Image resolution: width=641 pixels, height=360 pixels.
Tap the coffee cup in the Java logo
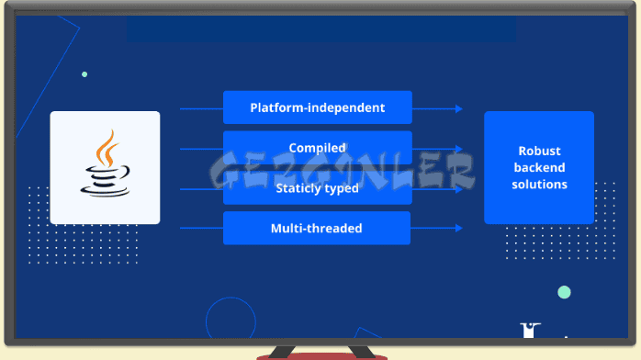102,180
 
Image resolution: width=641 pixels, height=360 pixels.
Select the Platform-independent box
317,107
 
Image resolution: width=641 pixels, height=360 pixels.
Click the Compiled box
317,148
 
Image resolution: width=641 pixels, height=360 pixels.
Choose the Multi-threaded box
317,228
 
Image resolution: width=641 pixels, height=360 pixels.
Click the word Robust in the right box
539,152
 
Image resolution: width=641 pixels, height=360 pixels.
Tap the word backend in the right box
539,168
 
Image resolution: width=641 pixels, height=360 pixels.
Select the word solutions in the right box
539,185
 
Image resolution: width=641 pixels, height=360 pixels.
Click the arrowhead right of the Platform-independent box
458,108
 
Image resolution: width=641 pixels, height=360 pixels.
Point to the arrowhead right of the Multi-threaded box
458,228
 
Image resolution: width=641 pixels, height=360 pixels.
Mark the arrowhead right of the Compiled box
458,149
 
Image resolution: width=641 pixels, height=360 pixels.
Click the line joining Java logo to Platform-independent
200,108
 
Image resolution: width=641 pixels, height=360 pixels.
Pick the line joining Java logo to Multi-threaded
200,228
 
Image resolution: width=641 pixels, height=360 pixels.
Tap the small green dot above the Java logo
84,74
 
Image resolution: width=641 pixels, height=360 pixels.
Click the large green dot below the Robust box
564,292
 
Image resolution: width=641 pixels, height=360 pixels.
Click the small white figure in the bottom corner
530,332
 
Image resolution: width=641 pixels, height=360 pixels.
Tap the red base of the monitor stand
321,355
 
